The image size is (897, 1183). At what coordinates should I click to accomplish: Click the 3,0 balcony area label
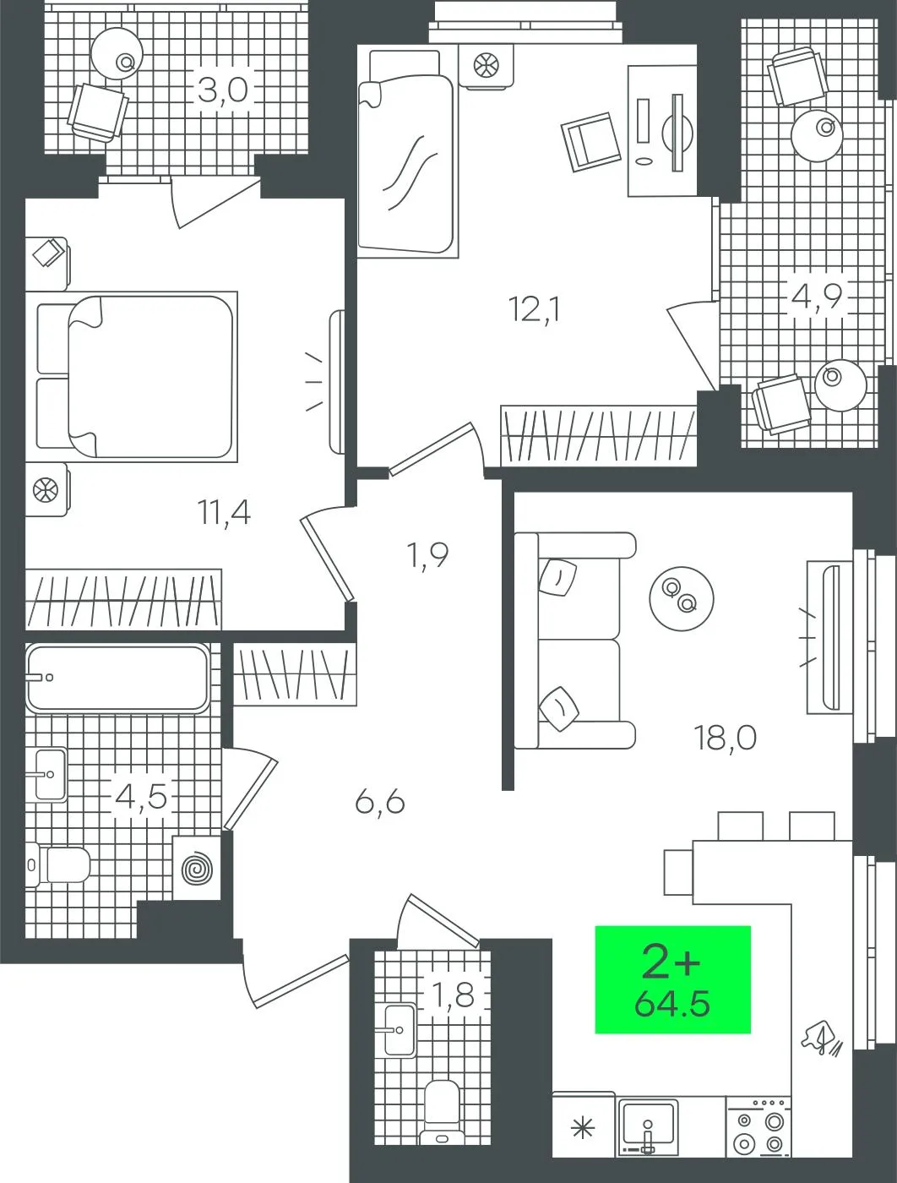223,90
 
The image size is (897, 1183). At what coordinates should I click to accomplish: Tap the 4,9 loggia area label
817,297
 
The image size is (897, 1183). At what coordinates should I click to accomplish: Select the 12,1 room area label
535,310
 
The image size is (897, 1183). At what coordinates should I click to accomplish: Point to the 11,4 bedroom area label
225,512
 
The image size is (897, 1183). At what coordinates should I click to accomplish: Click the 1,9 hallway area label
428,555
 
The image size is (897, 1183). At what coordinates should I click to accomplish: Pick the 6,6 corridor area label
380,803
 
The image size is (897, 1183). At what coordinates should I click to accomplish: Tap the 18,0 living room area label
726,739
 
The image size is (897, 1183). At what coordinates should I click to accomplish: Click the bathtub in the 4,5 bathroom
118,678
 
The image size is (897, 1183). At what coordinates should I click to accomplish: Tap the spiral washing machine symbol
197,869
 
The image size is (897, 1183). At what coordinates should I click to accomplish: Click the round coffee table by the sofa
682,598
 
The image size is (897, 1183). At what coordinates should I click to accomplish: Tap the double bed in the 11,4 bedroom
137,377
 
